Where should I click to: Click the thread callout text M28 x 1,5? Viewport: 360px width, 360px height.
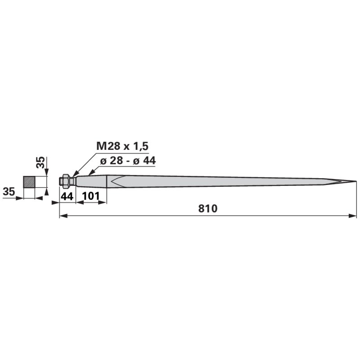coord(122,146)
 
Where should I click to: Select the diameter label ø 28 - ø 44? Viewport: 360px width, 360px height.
coord(128,161)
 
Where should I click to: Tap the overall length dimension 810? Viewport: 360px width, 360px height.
coord(208,209)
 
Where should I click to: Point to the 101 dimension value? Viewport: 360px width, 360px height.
coord(91,196)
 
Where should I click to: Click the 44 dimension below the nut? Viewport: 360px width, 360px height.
coord(67,196)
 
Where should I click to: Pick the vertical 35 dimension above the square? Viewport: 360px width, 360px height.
coord(41,162)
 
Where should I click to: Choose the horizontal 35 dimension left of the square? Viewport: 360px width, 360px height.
coord(9,192)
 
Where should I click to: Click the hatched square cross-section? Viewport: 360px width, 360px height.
coord(29,182)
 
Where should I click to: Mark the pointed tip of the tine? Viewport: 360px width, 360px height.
coord(356,182)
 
